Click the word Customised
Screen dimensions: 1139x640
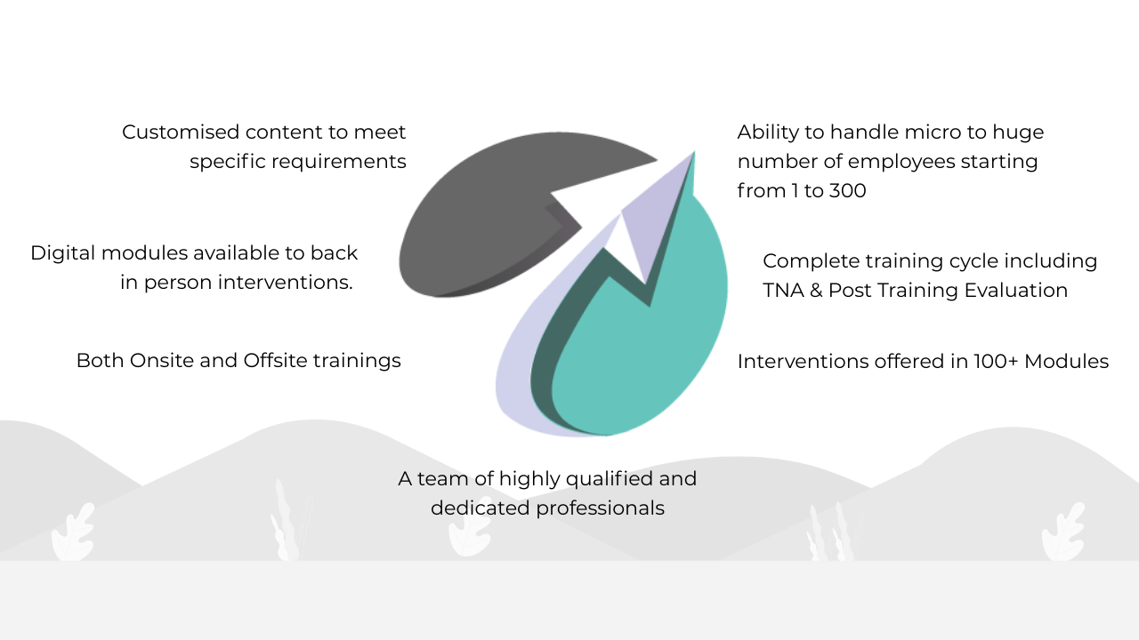click(x=181, y=132)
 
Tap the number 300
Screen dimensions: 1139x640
click(x=848, y=191)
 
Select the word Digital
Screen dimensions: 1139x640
click(x=63, y=253)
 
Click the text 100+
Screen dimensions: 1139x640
click(x=996, y=362)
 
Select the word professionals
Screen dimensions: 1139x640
click(x=600, y=508)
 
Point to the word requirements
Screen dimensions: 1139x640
click(x=339, y=162)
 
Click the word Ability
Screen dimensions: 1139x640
click(x=768, y=132)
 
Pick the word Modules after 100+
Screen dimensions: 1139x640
click(x=1066, y=362)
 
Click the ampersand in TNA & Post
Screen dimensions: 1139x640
click(x=816, y=291)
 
